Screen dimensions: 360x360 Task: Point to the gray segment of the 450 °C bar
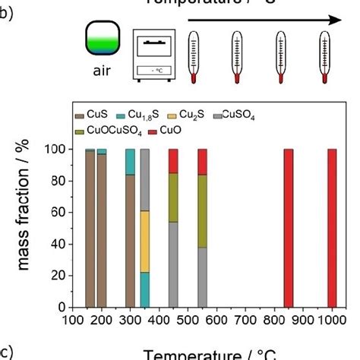pyautogui.click(x=173, y=264)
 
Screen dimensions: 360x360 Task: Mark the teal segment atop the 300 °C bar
pyautogui.click(x=130, y=162)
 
